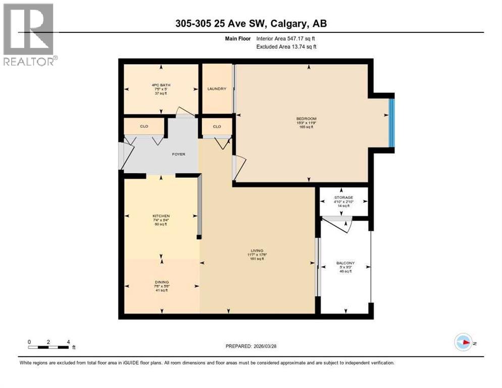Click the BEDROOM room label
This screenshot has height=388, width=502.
coord(306,119)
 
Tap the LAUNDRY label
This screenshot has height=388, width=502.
coord(217,89)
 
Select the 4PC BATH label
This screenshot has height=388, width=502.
coord(161,84)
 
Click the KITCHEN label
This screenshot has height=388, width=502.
coord(161,216)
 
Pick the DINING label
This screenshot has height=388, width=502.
coord(162,282)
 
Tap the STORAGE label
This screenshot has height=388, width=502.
coord(343,198)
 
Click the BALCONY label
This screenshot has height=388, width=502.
coord(345,263)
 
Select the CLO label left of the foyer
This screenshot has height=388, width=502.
coord(144,126)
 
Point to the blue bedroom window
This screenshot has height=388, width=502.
coord(391,122)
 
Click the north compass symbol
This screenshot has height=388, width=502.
coord(463,342)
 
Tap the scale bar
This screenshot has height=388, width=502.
coord(49,347)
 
